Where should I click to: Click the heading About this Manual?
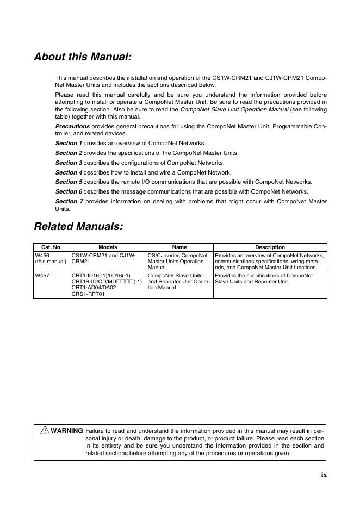coord(83,57)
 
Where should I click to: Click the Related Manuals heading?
coord(78,226)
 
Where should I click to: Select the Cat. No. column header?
coord(52,247)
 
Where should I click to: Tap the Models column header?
coord(108,247)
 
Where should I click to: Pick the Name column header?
coord(179,247)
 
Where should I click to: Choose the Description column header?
coord(270,247)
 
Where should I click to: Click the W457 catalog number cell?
coord(42,276)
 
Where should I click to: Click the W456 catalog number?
coord(42,255)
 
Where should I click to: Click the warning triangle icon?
coord(45,431)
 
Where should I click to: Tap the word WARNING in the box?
coord(67,431)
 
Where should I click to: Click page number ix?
coord(324,475)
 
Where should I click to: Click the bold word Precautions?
coord(72,126)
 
